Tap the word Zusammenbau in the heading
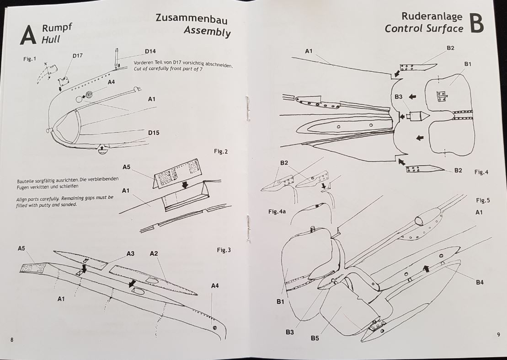coord(192,19)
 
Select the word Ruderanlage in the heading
coord(432,16)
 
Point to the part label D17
coord(77,56)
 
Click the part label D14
coord(150,51)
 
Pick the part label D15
coord(154,133)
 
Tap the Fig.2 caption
coord(220,151)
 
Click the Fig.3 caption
coord(224,250)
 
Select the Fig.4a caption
coord(277,212)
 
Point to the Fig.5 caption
coord(483,200)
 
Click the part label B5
coord(315,338)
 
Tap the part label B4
coord(479,282)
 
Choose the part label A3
coord(130,253)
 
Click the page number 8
coord(11,339)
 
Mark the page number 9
coord(498,334)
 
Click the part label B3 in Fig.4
coord(398,97)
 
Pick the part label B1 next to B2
coord(467,64)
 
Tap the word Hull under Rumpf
coord(51,39)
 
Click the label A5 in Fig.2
coord(127,167)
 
